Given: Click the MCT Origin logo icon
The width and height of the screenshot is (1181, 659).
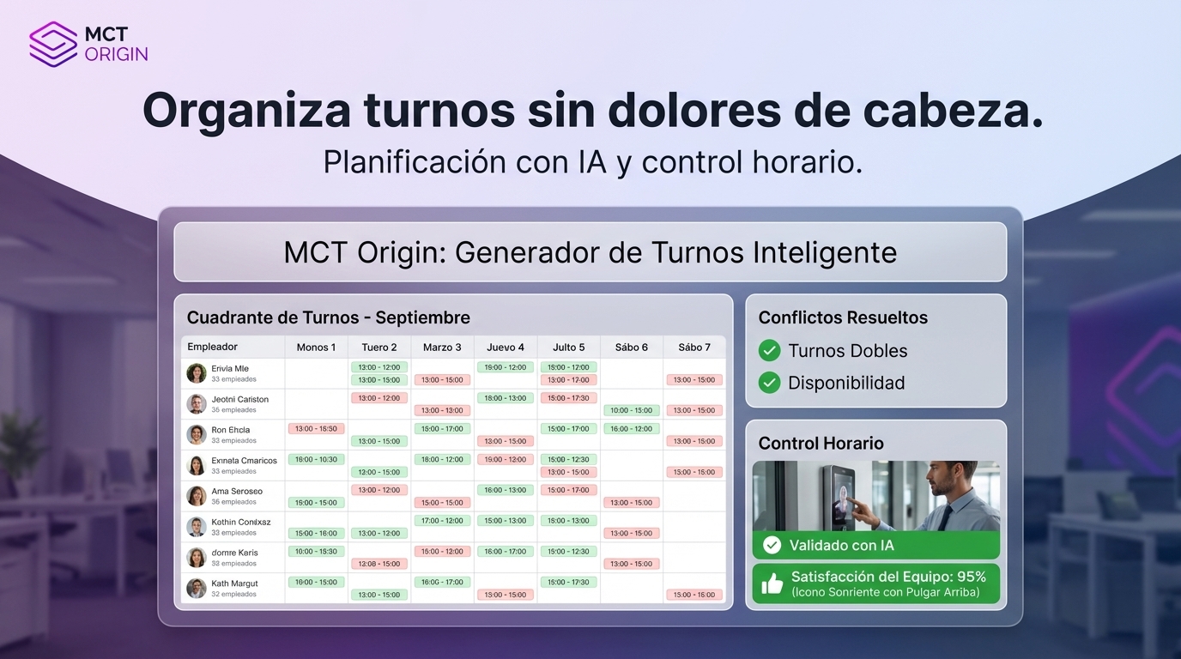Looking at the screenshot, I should point(53,44).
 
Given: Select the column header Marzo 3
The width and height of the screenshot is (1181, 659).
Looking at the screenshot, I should point(442,347).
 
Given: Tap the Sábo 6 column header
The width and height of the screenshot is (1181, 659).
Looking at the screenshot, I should point(632,347).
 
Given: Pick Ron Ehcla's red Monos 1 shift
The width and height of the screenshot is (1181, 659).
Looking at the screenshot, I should point(316,428).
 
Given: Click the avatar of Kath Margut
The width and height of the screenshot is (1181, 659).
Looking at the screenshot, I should point(197,588).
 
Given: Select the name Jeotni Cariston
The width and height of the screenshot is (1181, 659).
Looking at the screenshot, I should point(239,399).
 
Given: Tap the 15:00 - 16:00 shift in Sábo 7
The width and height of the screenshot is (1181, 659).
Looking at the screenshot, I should point(694,595).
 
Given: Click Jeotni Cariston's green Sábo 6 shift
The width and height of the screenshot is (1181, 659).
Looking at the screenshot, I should point(632,410).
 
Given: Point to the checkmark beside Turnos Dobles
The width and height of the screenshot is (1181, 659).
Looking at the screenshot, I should point(770,350).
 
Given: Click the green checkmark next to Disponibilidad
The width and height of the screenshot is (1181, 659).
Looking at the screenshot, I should point(770,383).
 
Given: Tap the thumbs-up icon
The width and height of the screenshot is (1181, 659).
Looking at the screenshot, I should point(772,584).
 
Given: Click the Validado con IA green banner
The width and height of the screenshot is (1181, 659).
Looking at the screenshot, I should point(875,545).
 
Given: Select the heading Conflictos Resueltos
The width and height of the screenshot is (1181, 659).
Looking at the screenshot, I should point(843,317).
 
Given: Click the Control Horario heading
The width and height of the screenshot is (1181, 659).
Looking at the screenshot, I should point(821,444).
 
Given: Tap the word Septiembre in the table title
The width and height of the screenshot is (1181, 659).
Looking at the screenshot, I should point(422,317).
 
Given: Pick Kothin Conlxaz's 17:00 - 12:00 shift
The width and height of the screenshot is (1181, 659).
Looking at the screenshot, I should point(442,521).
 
